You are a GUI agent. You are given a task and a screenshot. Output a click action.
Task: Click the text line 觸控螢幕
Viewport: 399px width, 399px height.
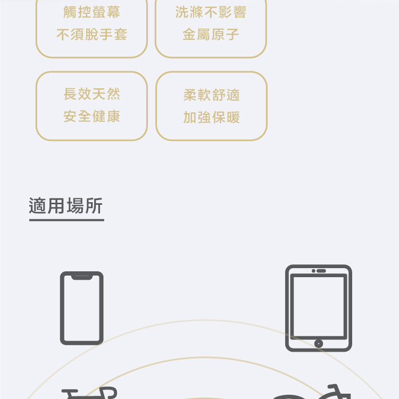pos(92,12)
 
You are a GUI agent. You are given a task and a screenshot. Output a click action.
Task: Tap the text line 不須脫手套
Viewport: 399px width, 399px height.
pos(92,35)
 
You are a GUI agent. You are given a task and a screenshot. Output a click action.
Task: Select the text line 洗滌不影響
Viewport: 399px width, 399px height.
pos(211,12)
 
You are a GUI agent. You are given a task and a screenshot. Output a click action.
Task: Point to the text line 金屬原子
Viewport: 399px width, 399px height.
pos(211,35)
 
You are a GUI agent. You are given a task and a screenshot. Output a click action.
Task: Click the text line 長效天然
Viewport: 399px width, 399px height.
pos(92,94)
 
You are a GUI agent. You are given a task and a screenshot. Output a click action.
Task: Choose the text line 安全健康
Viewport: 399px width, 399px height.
pos(92,117)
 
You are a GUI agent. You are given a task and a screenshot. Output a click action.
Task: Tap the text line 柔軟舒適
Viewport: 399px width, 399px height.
pos(211,95)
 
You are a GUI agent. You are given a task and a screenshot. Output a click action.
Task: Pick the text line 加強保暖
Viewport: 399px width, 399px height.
pos(211,118)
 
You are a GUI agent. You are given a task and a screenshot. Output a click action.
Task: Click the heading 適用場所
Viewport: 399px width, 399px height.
pos(66,206)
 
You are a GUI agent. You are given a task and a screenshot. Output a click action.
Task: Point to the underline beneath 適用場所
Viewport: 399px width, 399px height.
pos(66,219)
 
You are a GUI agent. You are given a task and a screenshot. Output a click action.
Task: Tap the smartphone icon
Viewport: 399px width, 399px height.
pos(81,307)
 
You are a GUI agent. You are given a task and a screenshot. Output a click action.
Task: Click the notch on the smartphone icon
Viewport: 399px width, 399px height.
pos(81,276)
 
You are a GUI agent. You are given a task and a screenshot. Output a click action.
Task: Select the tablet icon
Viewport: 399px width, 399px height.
pos(318,307)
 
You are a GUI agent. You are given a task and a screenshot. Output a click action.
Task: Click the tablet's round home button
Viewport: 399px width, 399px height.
pos(318,343)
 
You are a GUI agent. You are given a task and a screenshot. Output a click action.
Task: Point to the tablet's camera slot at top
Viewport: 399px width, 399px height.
pos(319,271)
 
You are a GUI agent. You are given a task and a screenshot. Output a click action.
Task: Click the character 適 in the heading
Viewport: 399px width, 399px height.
pos(38,206)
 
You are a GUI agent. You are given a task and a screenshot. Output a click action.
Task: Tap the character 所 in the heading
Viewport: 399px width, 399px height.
pos(94,206)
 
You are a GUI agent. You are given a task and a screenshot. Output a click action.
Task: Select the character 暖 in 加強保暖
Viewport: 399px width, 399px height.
pos(232,118)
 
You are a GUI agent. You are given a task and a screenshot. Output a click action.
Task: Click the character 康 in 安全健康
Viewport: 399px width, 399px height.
pos(113,117)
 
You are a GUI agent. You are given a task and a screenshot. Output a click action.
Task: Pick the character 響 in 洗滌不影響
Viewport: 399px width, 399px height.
pos(239,12)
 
